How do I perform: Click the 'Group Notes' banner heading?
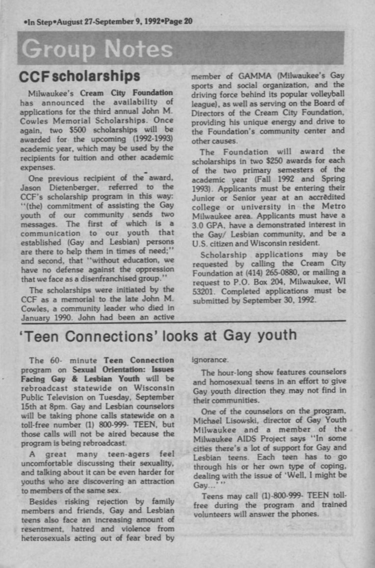97,50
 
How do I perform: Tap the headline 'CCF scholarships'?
79,77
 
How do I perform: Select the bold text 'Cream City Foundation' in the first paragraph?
126,93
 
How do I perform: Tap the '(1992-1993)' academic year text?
148,139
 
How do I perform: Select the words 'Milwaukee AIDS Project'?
232,437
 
